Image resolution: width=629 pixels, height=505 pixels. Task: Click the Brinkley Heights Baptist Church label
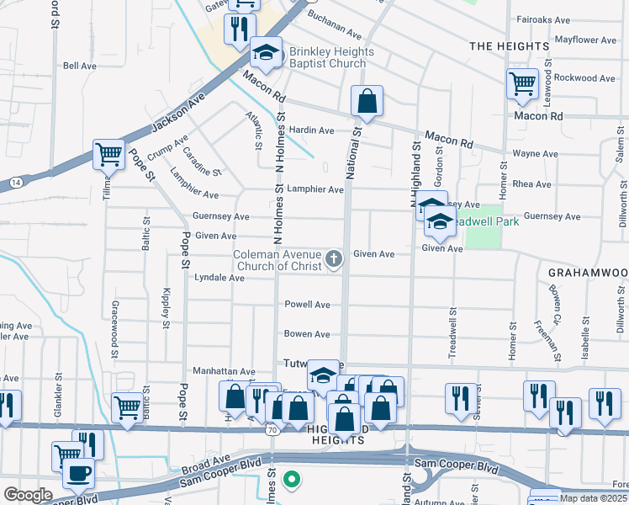pos(332,57)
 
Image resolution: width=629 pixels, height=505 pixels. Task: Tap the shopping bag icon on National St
pos(367,102)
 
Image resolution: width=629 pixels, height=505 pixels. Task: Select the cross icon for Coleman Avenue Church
pos(334,258)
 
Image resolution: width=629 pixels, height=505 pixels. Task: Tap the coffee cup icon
pos(78,474)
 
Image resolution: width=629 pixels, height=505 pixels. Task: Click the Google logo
pos(28,495)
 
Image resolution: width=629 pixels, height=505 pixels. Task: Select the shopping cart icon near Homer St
pos(522,83)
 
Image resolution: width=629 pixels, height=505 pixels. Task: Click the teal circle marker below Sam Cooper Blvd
pos(292,481)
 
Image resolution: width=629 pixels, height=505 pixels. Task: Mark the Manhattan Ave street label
pos(225,371)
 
